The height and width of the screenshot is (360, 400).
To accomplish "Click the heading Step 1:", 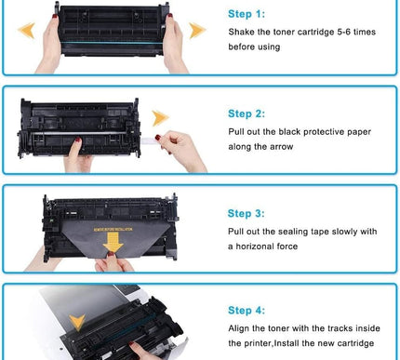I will point(247,15).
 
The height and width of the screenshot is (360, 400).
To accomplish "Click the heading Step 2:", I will point(247,113).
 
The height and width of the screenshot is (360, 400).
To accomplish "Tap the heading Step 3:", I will point(247,212).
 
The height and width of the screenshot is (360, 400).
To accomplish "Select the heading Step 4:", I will point(247,310).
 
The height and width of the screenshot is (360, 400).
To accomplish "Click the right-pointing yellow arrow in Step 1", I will point(196,31).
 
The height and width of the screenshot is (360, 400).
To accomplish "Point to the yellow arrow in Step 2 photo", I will point(161,117).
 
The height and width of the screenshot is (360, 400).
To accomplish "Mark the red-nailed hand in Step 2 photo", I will point(181,149).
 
